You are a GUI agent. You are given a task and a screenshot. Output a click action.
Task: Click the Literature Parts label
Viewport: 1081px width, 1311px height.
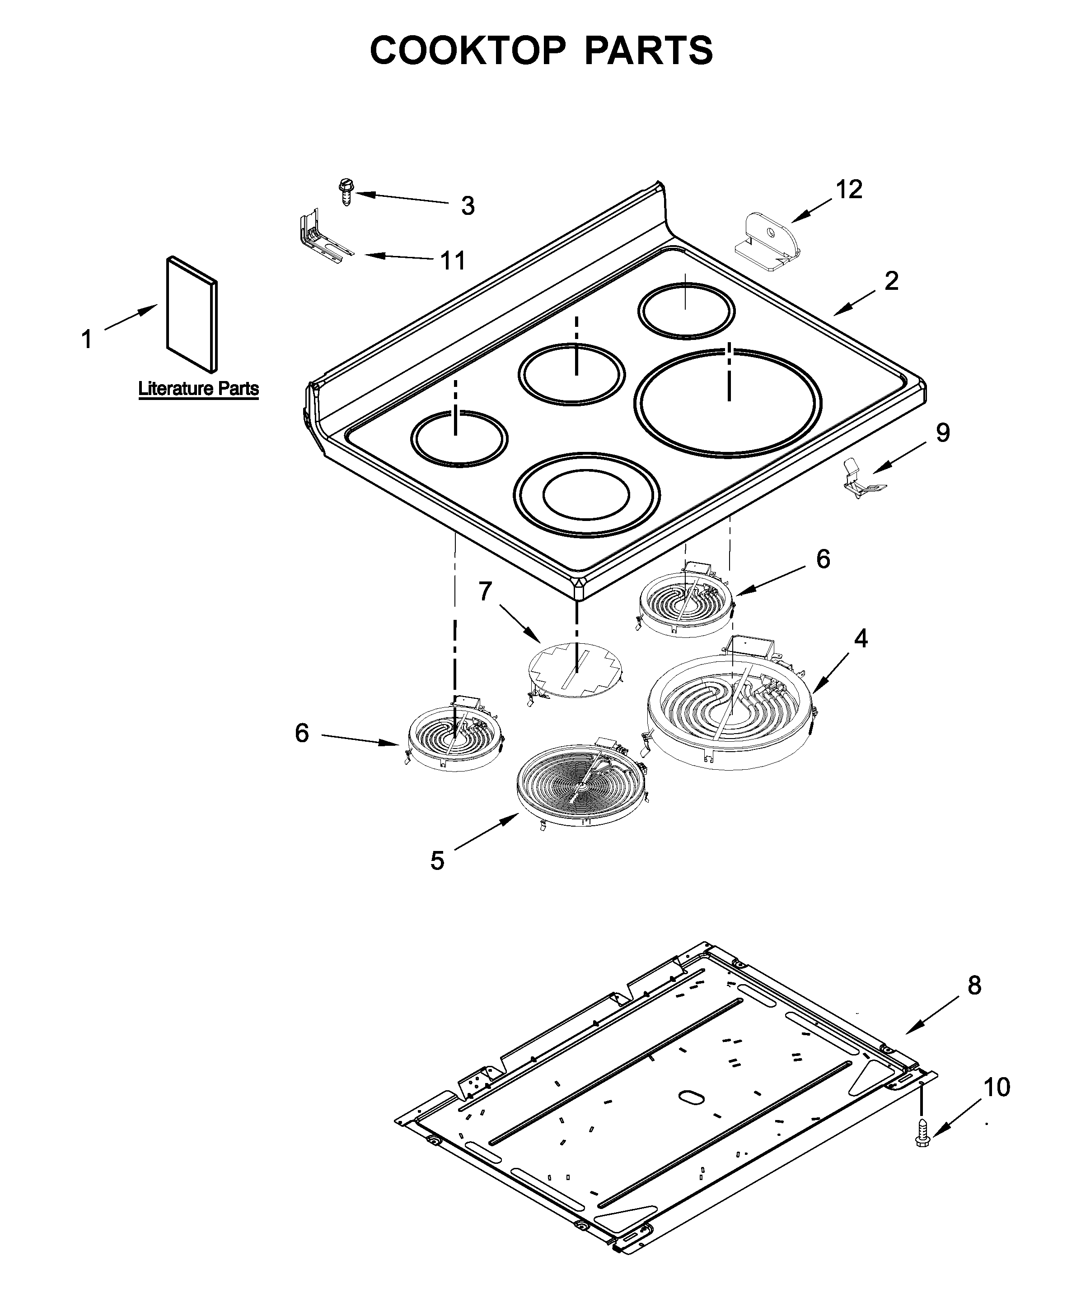pyautogui.click(x=198, y=389)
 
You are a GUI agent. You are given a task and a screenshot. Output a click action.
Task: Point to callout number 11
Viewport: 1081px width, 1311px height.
pyautogui.click(x=453, y=260)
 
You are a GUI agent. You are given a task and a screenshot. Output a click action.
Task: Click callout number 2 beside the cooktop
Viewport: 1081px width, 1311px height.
pyautogui.click(x=892, y=281)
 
